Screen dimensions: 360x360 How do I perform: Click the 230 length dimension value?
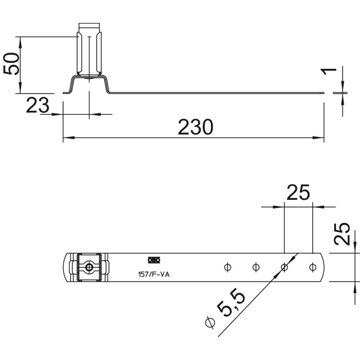[195, 127]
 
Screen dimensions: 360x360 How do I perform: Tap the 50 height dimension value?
[11, 63]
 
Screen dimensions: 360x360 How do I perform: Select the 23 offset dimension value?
[38, 105]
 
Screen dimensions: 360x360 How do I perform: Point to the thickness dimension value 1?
[329, 72]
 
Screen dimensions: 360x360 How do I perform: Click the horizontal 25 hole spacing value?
[298, 193]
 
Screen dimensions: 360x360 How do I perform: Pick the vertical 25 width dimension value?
[342, 234]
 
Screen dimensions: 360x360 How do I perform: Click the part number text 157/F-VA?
[153, 274]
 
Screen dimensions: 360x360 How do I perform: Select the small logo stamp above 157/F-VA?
[154, 260]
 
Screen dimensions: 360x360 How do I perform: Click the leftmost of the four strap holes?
[227, 267]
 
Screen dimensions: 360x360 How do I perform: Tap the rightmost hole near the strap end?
[312, 267]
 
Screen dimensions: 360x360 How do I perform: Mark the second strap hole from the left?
[256, 267]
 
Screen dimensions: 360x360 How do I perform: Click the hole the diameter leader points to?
[284, 267]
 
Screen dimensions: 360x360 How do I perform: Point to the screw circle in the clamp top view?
[89, 267]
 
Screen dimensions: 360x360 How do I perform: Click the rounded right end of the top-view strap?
[322, 267]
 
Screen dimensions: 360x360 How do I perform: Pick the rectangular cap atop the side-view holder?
[89, 26]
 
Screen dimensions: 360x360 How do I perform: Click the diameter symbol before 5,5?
[210, 322]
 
